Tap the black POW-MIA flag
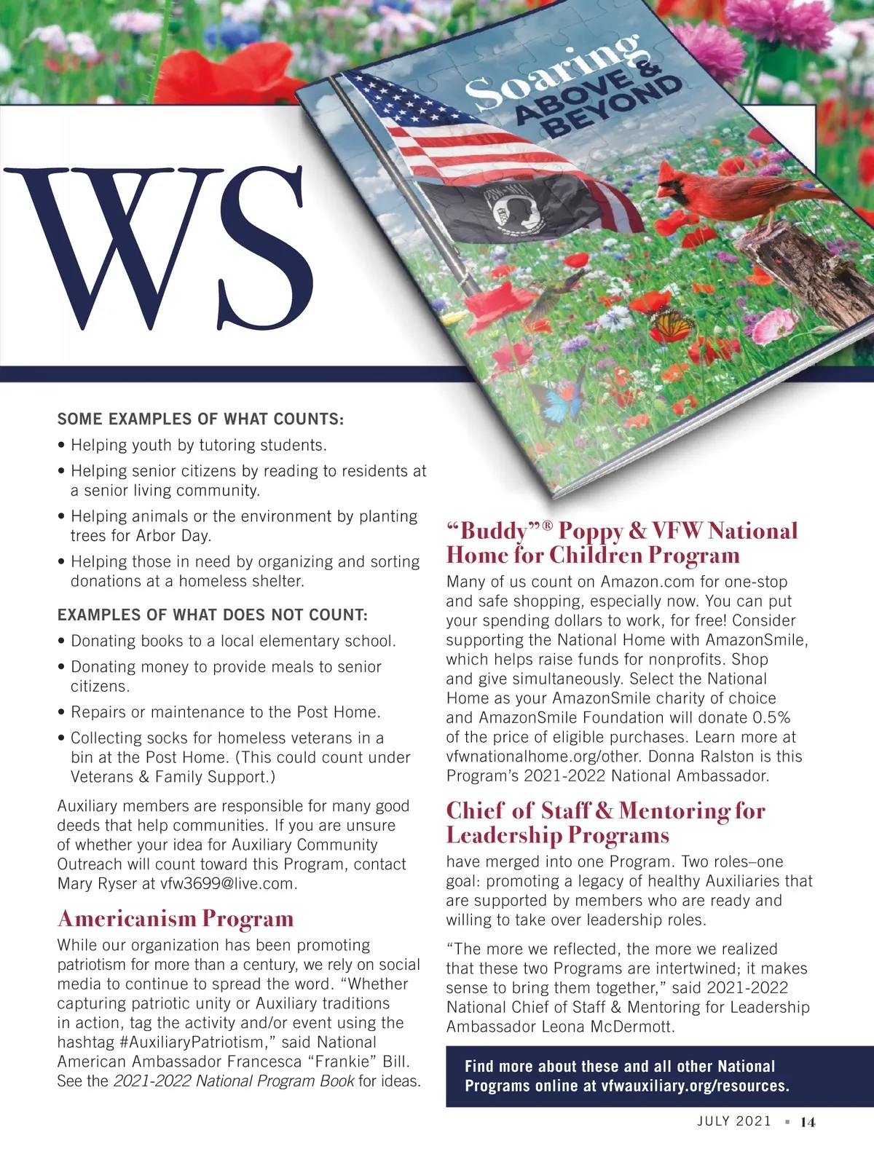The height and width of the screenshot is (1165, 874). click(x=510, y=211)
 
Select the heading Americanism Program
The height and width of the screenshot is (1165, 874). click(x=176, y=919)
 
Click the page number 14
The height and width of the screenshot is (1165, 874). click(x=808, y=1122)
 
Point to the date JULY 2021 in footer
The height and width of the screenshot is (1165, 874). click(x=733, y=1121)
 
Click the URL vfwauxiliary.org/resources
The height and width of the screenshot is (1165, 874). click(x=695, y=1086)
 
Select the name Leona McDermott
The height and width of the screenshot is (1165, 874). click(x=608, y=1027)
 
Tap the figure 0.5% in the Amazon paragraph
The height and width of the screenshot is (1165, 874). click(x=771, y=717)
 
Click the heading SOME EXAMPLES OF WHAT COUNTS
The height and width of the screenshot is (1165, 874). click(x=200, y=419)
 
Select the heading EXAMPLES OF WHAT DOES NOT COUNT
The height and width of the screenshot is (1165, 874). click(x=213, y=615)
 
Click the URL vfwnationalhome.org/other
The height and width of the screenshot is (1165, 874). click(x=542, y=757)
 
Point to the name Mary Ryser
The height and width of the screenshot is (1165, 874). click(x=97, y=884)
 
